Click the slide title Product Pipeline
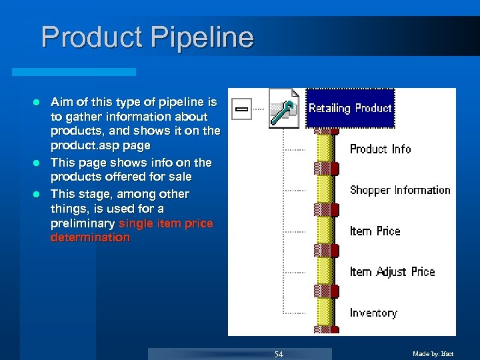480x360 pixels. [x=147, y=37]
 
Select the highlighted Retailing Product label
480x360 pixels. [x=350, y=108]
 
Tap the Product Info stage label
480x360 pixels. [x=380, y=149]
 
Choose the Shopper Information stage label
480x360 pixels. [x=400, y=190]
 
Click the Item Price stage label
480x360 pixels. [x=375, y=231]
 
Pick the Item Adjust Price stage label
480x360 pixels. [x=392, y=272]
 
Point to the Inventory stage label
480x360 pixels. [x=373, y=313]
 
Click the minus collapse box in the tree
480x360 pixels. [x=241, y=108]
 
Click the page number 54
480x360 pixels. [x=279, y=354]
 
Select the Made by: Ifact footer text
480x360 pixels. [x=433, y=354]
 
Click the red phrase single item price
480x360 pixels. [x=165, y=223]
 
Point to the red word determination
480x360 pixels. [x=90, y=238]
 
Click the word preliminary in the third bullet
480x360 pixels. [x=82, y=223]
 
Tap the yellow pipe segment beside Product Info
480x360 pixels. [x=325, y=149]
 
